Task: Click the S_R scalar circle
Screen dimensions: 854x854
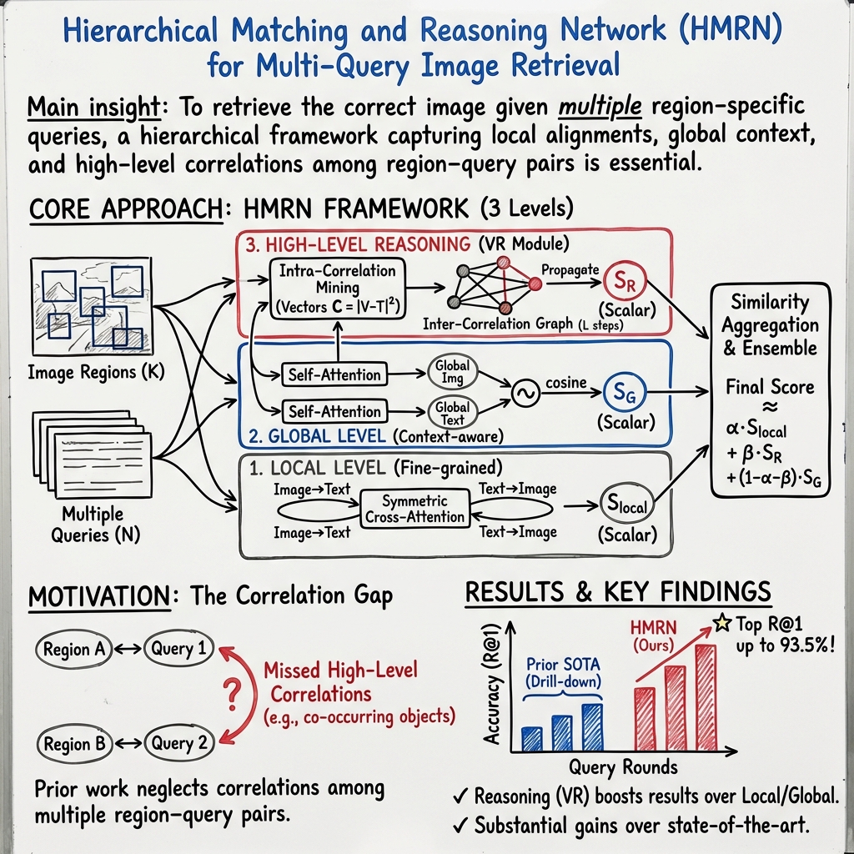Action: pyautogui.click(x=621, y=282)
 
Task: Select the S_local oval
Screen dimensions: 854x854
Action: pyautogui.click(x=623, y=505)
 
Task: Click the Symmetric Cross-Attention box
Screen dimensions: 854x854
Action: pyautogui.click(x=414, y=509)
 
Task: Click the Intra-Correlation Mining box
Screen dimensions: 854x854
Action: pyautogui.click(x=338, y=288)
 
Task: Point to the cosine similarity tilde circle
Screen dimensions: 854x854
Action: pyautogui.click(x=527, y=394)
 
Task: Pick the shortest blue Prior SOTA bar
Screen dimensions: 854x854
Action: pyautogui.click(x=531, y=738)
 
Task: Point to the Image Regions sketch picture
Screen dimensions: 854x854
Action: pyautogui.click(x=90, y=307)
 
